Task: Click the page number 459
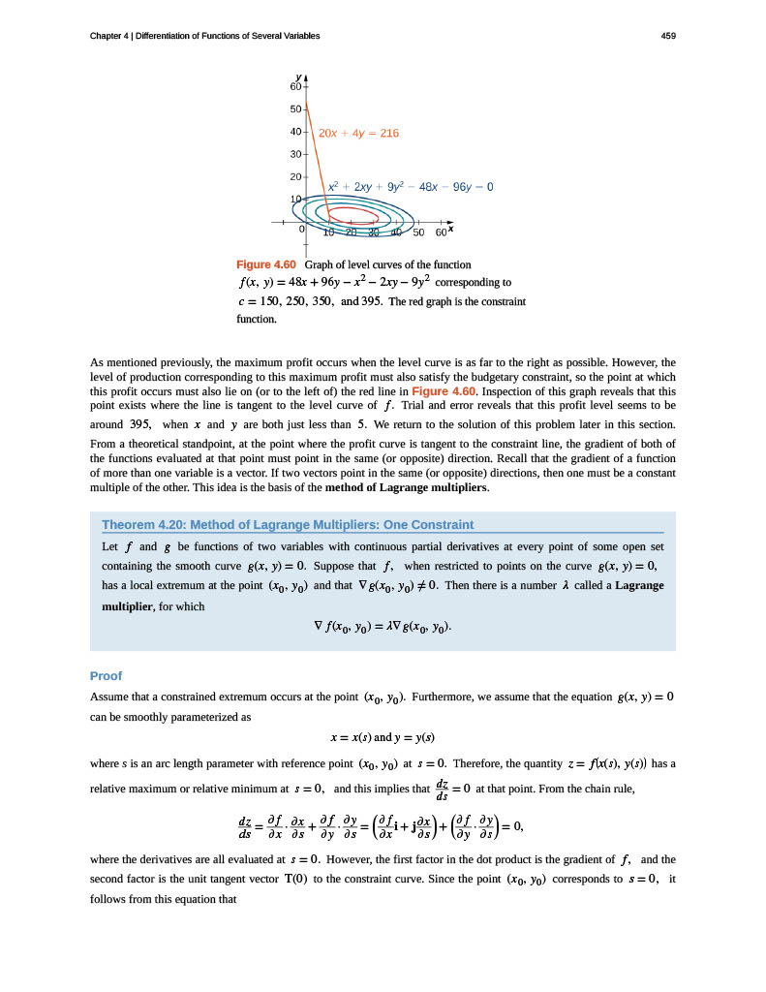(667, 36)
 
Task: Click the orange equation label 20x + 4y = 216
(358, 133)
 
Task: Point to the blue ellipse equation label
(411, 185)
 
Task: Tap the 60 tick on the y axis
(294, 87)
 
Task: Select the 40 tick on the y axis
(294, 132)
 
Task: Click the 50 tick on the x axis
(418, 232)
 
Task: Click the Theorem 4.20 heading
(288, 525)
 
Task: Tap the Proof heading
(105, 675)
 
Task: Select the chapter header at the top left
(204, 36)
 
